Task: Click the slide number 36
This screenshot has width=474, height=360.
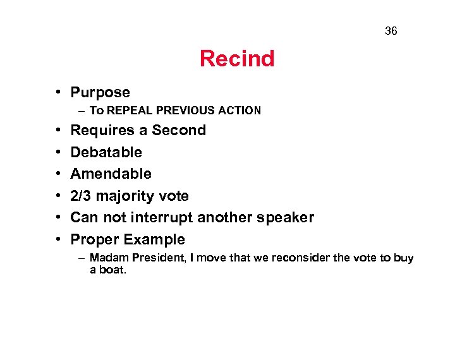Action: (x=391, y=31)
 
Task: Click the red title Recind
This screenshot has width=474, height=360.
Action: (x=237, y=59)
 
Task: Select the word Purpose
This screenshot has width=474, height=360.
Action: (x=100, y=93)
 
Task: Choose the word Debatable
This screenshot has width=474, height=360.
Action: (x=106, y=152)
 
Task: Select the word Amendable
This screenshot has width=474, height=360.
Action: (x=111, y=174)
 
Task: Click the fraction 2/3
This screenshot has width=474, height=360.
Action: (x=82, y=196)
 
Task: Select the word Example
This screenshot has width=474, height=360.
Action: (x=154, y=240)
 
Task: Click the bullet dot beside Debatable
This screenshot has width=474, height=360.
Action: (x=57, y=152)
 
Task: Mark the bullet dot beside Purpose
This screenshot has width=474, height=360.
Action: (x=57, y=93)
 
